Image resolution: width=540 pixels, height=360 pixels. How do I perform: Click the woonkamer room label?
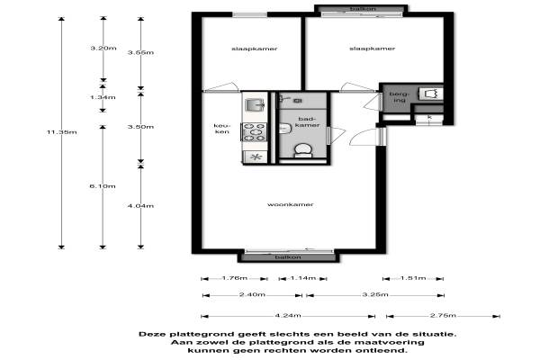click(x=291, y=204)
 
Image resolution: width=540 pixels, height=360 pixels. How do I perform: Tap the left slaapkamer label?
click(x=255, y=49)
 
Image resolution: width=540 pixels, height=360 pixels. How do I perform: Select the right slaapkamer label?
click(x=373, y=49)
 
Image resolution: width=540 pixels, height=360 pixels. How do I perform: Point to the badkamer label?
click(x=307, y=122)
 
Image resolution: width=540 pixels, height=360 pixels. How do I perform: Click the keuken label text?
click(x=221, y=129)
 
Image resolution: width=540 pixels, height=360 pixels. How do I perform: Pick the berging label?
click(x=400, y=97)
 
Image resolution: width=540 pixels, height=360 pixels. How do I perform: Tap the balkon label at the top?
click(x=363, y=9)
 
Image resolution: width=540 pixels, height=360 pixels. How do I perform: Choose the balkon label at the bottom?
click(x=288, y=257)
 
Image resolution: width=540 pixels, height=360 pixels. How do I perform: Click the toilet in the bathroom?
click(x=303, y=150)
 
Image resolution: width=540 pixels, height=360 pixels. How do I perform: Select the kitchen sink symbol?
click(x=255, y=104)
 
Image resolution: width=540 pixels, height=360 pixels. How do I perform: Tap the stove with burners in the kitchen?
click(x=255, y=132)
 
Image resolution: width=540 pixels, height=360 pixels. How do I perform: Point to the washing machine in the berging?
click(x=431, y=94)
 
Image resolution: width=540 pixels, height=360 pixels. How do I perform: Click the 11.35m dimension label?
click(x=62, y=132)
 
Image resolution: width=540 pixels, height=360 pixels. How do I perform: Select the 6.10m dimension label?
click(x=103, y=186)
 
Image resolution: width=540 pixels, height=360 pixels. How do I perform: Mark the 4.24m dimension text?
click(x=288, y=316)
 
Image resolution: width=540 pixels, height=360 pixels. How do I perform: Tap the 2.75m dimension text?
click(x=443, y=316)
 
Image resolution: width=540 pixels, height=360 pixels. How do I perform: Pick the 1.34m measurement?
click(x=103, y=97)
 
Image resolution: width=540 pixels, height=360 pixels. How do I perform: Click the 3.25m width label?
click(x=375, y=295)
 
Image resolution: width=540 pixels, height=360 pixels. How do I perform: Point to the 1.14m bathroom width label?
click(x=302, y=278)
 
